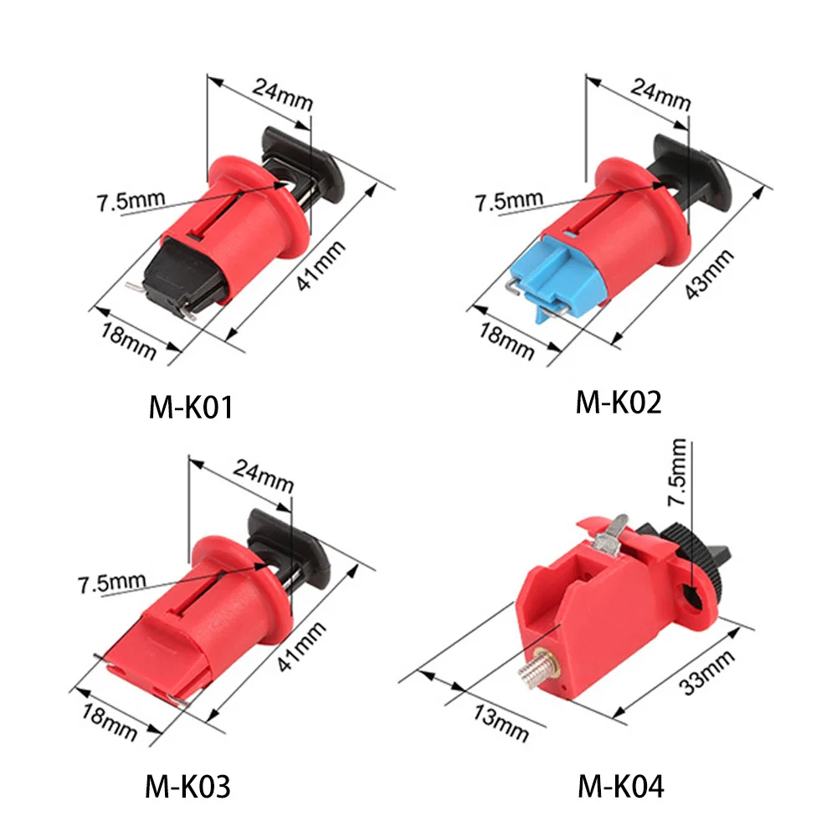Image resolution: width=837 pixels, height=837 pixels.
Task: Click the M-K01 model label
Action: coord(190,408)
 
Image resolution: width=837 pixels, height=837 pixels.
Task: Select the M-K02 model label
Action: coord(619,403)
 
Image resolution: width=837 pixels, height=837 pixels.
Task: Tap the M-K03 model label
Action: coord(189,786)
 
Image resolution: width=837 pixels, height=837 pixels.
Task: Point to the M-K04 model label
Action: coord(620,786)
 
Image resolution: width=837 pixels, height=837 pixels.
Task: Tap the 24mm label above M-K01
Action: coord(282,91)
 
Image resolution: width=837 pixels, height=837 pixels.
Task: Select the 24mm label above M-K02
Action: coord(660,91)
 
